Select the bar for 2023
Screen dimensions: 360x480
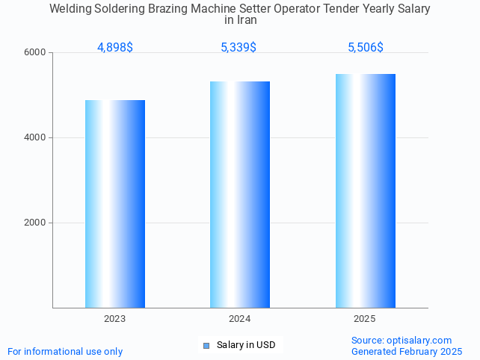[115, 204]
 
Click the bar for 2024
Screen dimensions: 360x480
[240, 194]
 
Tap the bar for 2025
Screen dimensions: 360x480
[365, 190]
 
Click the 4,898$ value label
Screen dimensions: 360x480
[115, 48]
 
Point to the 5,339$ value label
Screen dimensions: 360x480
[239, 48]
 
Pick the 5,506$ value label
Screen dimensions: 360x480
[366, 48]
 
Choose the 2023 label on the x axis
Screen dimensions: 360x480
[115, 319]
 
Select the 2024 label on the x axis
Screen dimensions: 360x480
[240, 319]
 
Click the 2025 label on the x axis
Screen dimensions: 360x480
[365, 319]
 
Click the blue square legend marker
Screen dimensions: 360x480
[206, 345]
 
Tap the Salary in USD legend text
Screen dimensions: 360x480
[246, 345]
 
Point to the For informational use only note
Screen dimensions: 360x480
[65, 352]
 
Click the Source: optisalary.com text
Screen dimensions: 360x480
[401, 341]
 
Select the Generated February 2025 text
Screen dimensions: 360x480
[407, 352]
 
